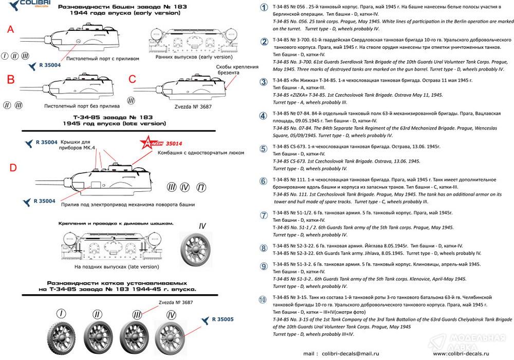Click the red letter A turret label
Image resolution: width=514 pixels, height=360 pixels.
[x=10, y=30]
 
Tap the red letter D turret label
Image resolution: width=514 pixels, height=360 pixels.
[x=13, y=167]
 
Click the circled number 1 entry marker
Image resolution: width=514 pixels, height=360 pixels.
[x=264, y=8]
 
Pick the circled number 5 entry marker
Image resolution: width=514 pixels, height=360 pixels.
[x=264, y=149]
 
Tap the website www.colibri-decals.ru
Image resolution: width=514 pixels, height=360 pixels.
[x=462, y=353]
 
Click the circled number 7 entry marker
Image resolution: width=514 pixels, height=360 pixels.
[x=264, y=215]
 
